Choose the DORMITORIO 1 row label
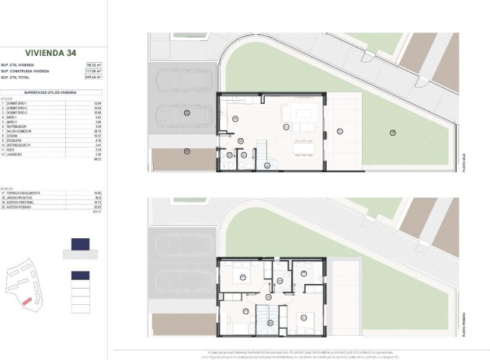[x=17, y=103]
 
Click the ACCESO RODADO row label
[x=18, y=207]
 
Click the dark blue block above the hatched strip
[x=81, y=244]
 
